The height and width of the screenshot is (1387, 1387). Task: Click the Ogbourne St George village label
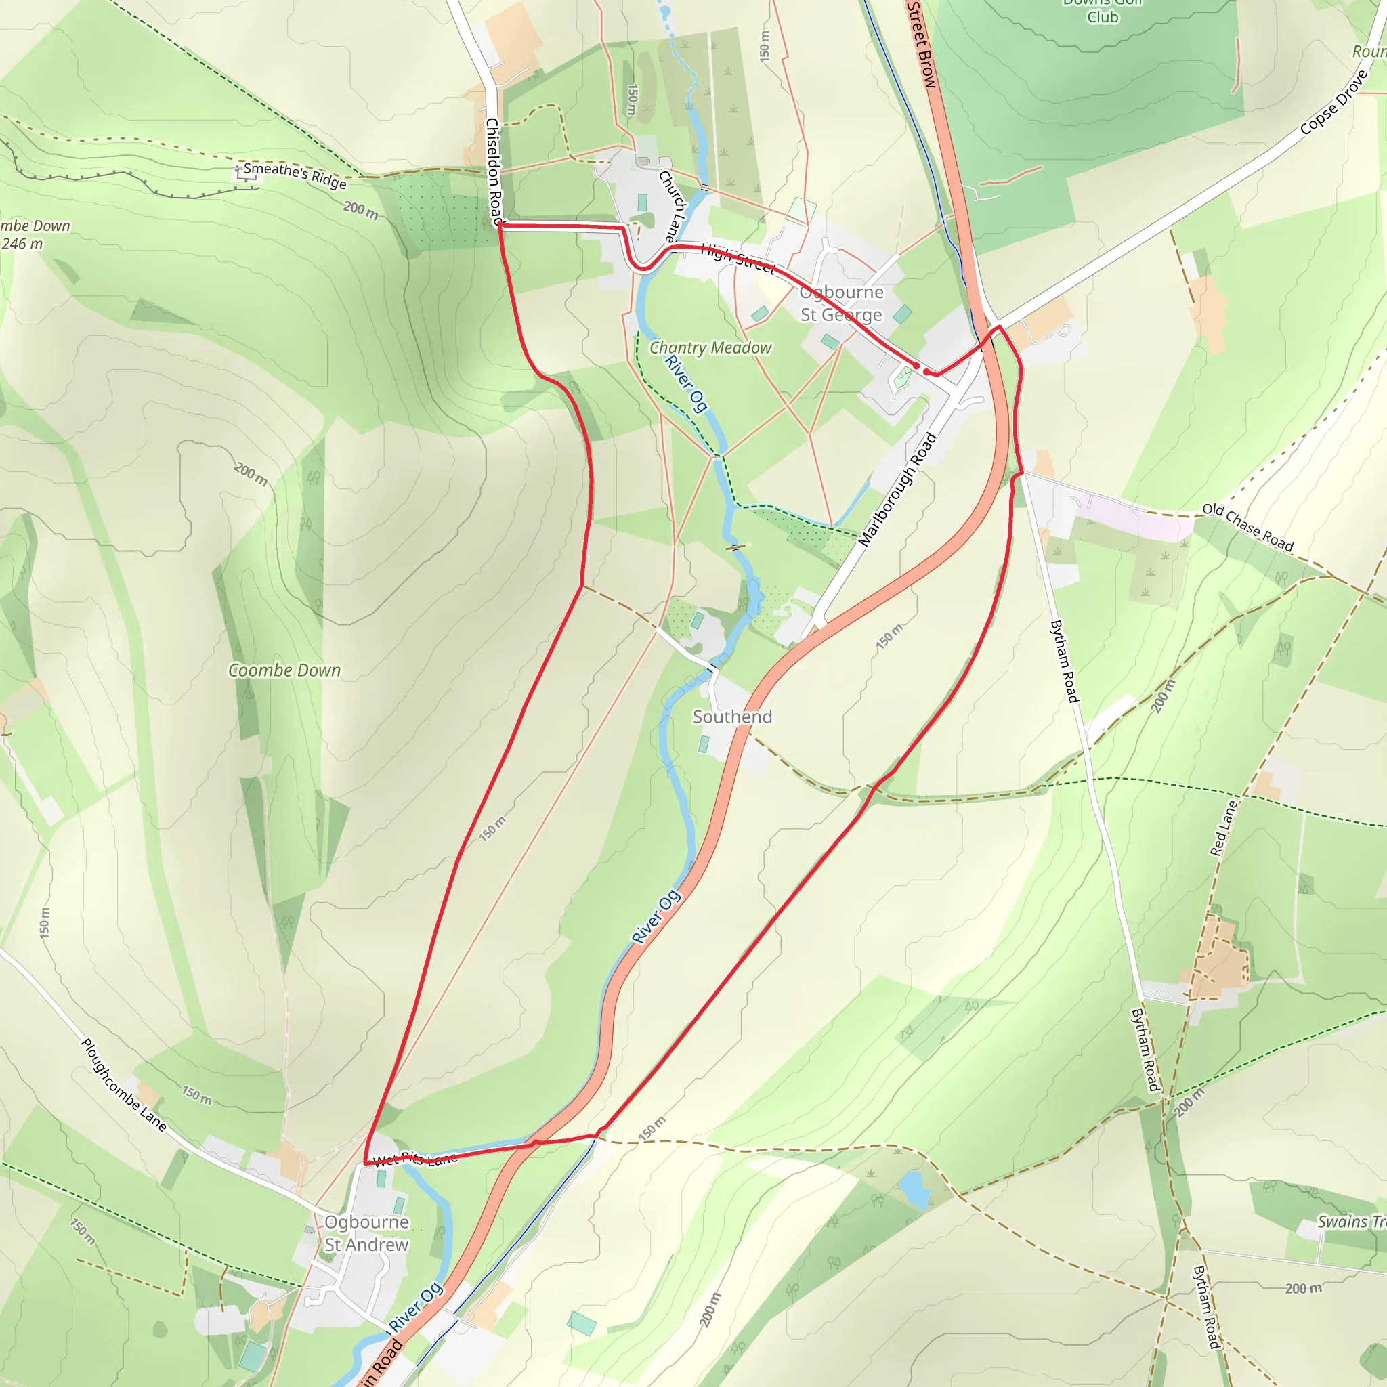point(840,303)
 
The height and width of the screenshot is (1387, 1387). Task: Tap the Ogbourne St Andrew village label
point(366,1233)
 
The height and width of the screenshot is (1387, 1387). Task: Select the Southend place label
point(731,717)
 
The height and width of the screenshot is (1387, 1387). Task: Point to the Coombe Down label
point(284,670)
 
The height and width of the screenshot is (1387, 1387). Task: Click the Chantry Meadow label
point(710,347)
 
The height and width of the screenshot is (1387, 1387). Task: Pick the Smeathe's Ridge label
point(295,175)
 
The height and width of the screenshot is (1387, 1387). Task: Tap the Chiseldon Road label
point(494,171)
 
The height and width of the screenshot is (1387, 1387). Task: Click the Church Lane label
point(673,205)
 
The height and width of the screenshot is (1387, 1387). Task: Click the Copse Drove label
point(1334,103)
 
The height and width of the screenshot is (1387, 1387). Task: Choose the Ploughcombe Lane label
point(123,1085)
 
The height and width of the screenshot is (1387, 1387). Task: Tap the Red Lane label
point(1223,828)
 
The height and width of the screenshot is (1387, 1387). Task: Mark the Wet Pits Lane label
point(415,1158)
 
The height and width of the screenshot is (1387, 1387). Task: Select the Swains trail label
point(1350,1222)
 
